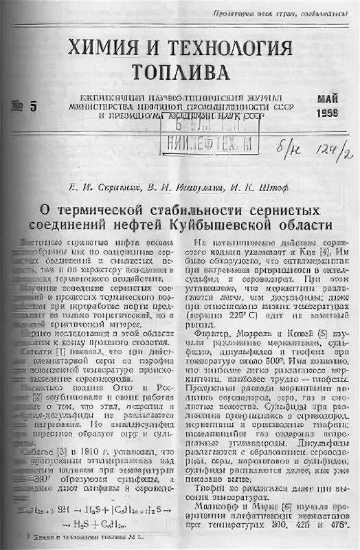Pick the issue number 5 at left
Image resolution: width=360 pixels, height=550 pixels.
(32, 104)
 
